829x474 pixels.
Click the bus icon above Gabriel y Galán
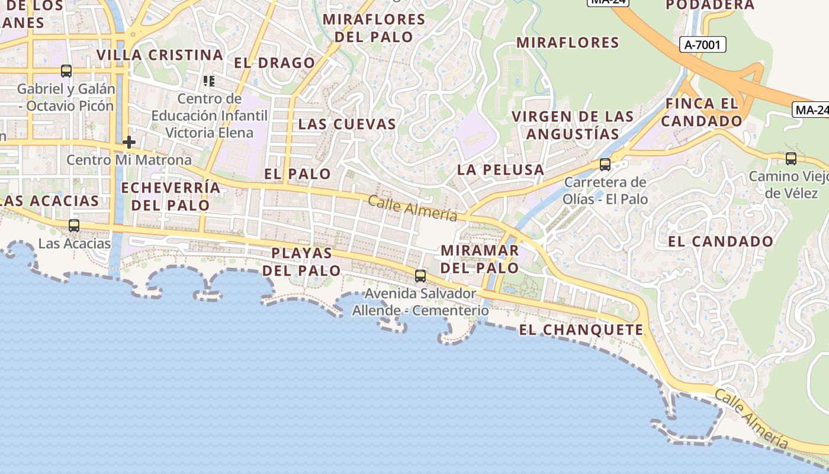tap(66, 71)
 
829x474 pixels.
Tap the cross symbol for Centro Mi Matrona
tap(129, 142)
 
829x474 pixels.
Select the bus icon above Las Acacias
tap(74, 226)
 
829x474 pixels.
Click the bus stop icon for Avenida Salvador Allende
tap(420, 276)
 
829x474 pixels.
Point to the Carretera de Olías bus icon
tap(605, 164)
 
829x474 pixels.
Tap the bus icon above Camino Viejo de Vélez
tap(791, 158)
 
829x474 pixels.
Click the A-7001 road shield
tap(702, 44)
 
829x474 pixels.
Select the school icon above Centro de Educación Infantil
tap(208, 81)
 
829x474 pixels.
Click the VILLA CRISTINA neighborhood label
tap(160, 55)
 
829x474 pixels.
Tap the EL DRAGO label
tap(275, 63)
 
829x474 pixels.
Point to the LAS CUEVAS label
tap(347, 124)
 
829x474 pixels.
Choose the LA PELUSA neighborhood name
tap(501, 169)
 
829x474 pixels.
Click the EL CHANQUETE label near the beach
tap(581, 330)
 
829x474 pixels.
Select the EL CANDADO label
tap(721, 241)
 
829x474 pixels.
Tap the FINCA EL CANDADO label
tap(702, 112)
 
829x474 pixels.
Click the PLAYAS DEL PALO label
tap(302, 261)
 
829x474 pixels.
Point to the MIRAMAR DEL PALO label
tap(480, 259)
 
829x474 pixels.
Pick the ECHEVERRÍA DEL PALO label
tap(171, 197)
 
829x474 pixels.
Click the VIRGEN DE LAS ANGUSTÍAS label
tap(573, 125)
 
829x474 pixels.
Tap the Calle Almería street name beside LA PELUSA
tap(413, 208)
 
